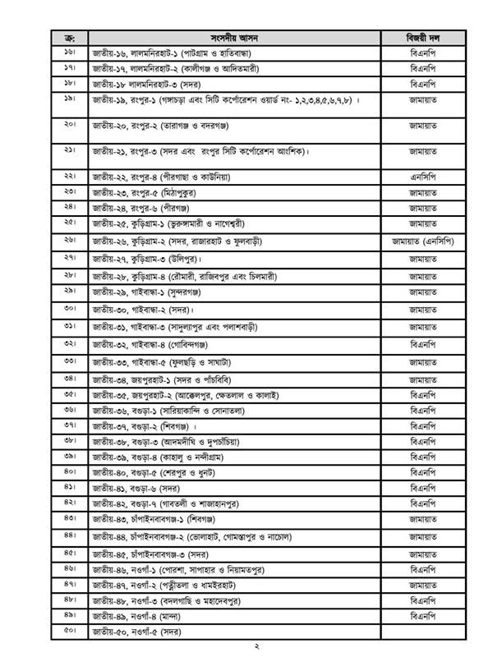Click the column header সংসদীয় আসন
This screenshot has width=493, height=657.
tap(237, 38)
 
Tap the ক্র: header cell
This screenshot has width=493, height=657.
tap(69, 38)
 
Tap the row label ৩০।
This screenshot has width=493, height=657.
tap(69, 310)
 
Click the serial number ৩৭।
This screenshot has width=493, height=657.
tap(69, 425)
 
